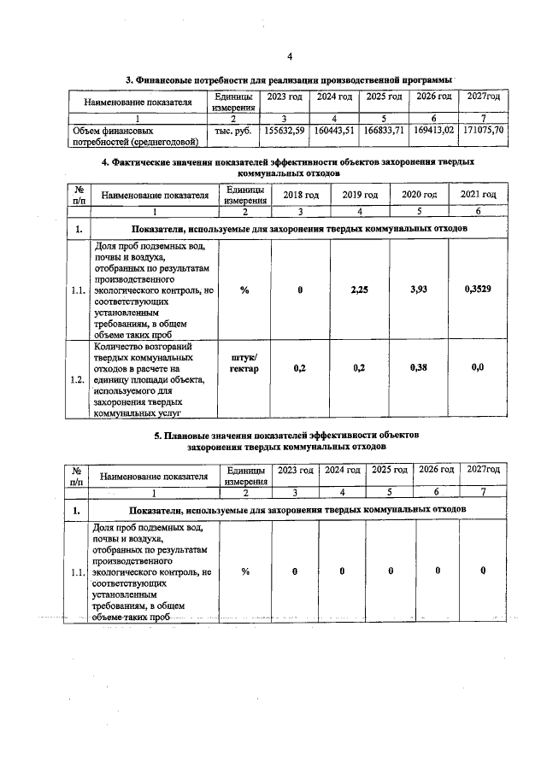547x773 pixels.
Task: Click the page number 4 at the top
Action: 290,56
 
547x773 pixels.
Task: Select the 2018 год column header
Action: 301,194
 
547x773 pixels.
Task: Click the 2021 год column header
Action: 479,194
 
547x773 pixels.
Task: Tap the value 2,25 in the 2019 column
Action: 360,290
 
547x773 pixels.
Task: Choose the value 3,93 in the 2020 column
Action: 419,290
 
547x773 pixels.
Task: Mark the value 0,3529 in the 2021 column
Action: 478,290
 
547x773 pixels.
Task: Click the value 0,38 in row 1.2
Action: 419,367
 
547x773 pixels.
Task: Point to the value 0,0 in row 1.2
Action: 478,367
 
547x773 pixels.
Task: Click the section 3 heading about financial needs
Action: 289,79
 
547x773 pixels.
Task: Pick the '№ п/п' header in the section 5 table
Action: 78,475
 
